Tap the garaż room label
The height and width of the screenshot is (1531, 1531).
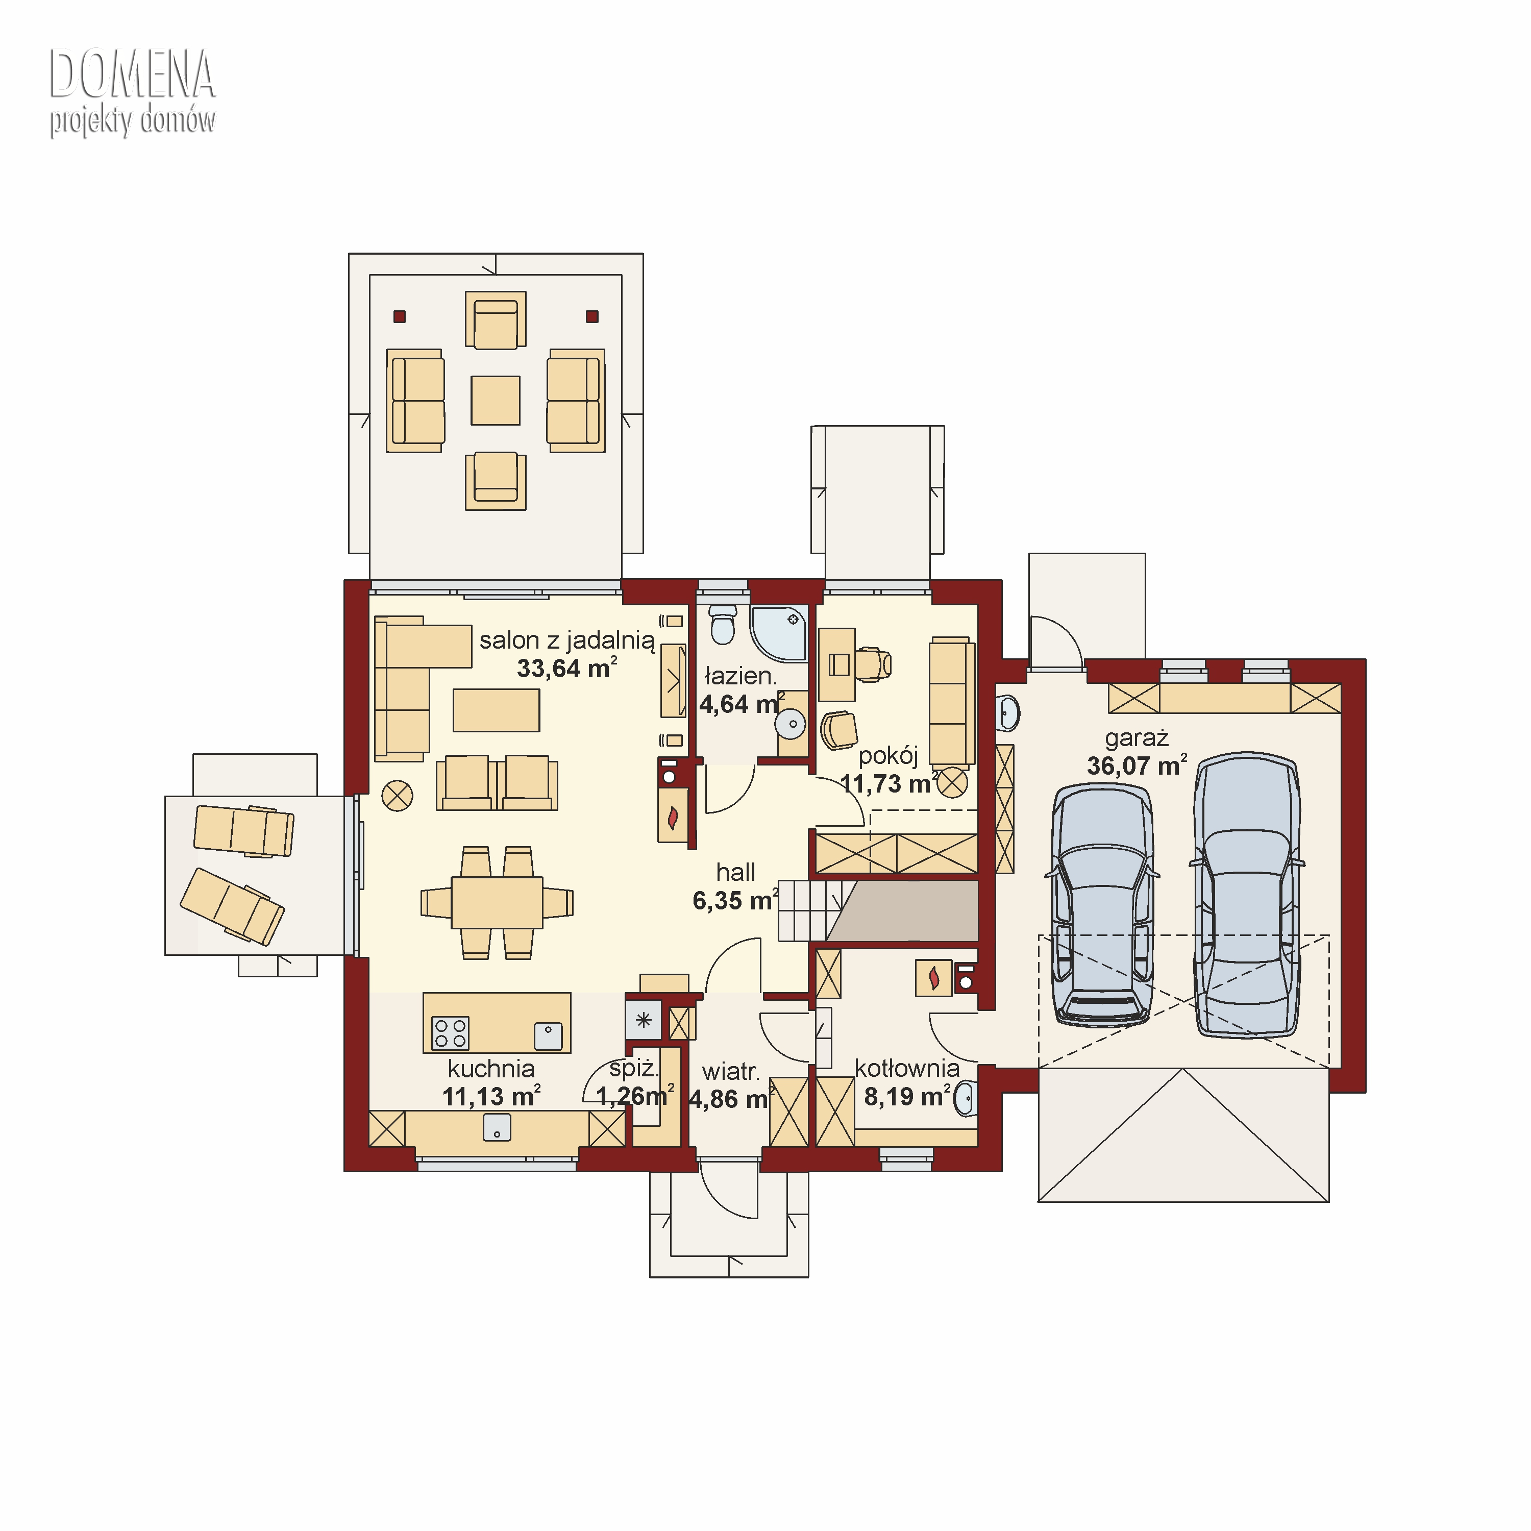[1137, 738]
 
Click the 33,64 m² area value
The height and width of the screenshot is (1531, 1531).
[566, 668]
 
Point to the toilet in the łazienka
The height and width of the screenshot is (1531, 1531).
[722, 625]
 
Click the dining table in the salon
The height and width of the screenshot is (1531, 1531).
[497, 903]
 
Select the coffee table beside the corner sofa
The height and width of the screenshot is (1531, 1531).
[496, 710]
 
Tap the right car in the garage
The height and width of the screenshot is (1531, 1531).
[1247, 895]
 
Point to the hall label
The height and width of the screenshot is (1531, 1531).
[735, 873]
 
